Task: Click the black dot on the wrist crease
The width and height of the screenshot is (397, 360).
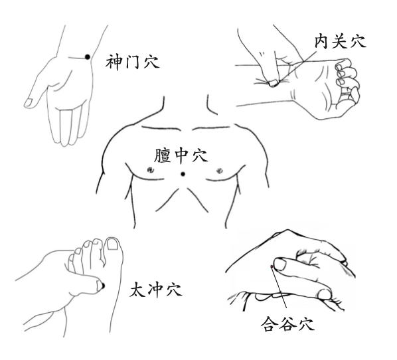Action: [x=88, y=57]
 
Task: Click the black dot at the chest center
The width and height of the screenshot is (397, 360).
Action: [x=183, y=174]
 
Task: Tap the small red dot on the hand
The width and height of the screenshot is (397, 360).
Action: [x=272, y=266]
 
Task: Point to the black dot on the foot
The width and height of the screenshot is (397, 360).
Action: [x=103, y=286]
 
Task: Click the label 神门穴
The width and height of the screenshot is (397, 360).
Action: [x=132, y=62]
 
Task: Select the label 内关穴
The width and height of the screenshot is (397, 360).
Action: [x=341, y=42]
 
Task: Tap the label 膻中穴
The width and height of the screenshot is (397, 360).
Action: [x=181, y=155]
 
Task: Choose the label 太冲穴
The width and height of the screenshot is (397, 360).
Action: [x=156, y=290]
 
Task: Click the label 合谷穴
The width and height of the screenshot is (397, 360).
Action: [x=288, y=323]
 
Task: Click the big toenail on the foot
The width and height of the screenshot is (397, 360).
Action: [x=112, y=244]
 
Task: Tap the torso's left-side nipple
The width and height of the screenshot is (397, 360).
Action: [x=151, y=170]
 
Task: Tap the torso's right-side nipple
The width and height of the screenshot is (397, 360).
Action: [x=220, y=170]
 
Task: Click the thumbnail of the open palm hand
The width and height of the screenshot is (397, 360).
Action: [x=28, y=102]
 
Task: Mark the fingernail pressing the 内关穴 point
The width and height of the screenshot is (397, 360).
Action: [x=273, y=83]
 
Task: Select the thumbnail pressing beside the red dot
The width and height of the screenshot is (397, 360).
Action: [x=279, y=264]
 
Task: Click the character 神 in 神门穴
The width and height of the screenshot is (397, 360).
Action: [x=114, y=62]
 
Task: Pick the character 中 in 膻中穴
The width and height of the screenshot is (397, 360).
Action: [x=181, y=155]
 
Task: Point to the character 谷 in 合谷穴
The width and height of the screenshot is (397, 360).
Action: [x=288, y=323]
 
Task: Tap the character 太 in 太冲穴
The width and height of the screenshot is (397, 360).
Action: [x=137, y=290]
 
